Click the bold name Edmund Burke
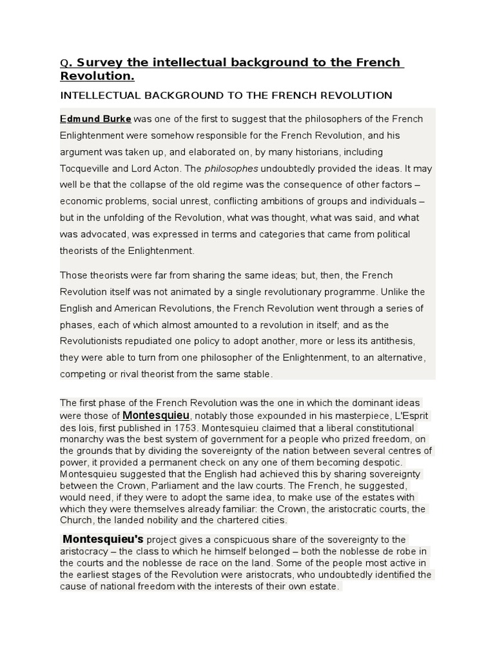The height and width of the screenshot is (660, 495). coord(95,119)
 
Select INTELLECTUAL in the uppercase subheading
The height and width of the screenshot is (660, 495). coord(95,95)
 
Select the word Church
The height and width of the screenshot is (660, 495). coord(76,520)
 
